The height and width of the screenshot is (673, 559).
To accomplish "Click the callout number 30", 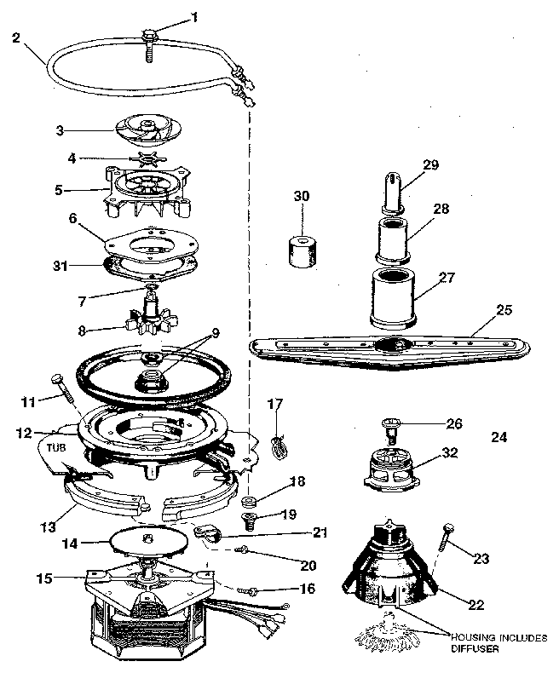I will point(302,195).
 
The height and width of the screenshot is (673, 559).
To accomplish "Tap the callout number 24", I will point(499,437).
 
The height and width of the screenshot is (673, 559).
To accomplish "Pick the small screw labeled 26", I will point(391,427).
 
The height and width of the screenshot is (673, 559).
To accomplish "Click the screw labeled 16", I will point(248,589).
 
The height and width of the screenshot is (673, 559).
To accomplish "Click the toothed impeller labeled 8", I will point(149,321).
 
